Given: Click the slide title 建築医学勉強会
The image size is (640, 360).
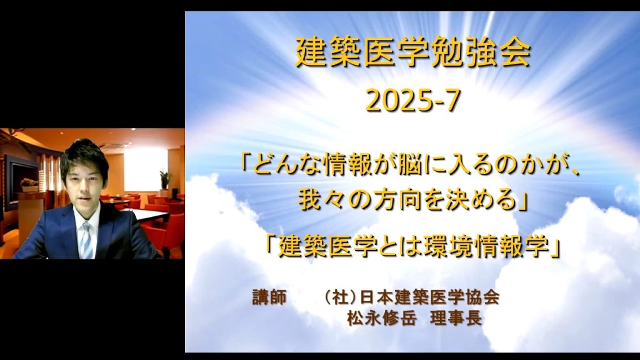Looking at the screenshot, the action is [412, 52].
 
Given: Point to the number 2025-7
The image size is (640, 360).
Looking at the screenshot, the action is [413, 101].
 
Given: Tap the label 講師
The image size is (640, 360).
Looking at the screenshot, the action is [269, 297].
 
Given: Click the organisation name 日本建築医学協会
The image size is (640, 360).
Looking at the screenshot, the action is [430, 297].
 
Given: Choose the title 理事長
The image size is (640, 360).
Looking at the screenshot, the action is [456, 318].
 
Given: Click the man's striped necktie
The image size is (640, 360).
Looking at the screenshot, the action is [86, 240].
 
